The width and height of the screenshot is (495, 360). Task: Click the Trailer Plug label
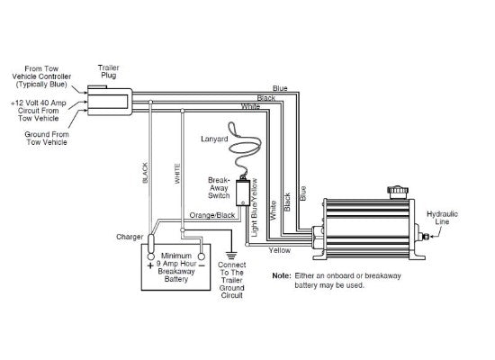click(x=109, y=72)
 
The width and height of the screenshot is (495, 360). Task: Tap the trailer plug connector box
click(x=110, y=102)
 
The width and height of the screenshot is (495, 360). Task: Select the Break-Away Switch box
click(x=243, y=193)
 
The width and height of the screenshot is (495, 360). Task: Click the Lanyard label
click(x=214, y=139)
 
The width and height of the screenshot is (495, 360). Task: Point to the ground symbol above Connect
click(x=231, y=255)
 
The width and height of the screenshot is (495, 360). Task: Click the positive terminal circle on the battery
click(x=151, y=256)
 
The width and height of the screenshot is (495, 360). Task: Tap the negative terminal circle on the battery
click(x=202, y=256)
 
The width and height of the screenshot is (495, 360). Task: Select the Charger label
click(x=130, y=237)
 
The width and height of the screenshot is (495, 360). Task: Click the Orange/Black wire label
click(x=212, y=215)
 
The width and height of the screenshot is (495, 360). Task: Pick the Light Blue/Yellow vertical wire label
click(x=254, y=208)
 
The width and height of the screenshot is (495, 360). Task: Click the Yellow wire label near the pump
click(x=279, y=250)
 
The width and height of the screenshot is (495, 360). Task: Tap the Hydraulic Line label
click(x=442, y=218)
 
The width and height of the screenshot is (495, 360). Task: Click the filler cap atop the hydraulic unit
click(x=398, y=192)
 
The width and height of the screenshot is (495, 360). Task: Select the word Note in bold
click(x=282, y=275)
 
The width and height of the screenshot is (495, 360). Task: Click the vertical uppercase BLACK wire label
click(x=145, y=173)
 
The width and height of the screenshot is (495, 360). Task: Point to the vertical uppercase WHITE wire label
click(x=177, y=174)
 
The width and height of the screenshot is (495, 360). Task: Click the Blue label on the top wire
click(x=280, y=88)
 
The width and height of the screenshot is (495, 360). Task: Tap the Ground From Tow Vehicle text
click(x=47, y=138)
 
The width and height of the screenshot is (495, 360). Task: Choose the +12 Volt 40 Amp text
click(x=39, y=103)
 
